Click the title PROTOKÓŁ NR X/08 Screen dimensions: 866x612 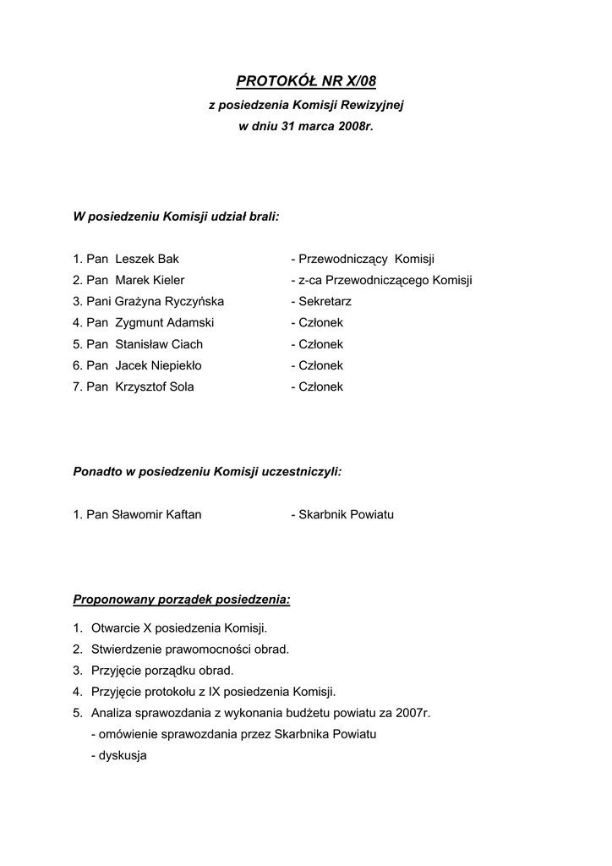pos(305,81)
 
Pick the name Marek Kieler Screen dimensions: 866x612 pos(150,280)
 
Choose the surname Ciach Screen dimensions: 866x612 pos(185,344)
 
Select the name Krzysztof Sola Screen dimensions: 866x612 pos(154,386)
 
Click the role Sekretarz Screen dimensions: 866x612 pos(325,301)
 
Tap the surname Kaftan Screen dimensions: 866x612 pos(182,514)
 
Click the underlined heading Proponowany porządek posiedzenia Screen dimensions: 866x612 pos(181,600)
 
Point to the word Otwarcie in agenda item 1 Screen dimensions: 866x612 pos(115,628)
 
